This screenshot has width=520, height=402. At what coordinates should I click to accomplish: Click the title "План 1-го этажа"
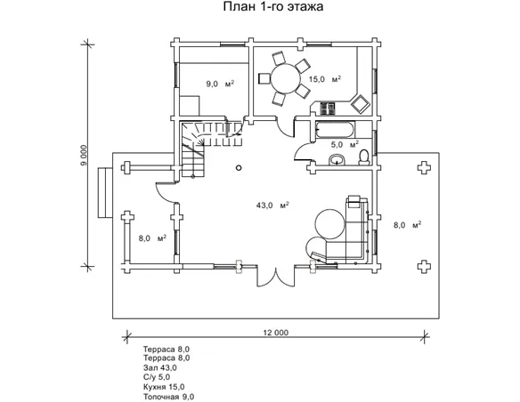[273, 6]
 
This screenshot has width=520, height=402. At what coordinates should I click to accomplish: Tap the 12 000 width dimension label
[276, 333]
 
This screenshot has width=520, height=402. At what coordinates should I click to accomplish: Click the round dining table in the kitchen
[286, 79]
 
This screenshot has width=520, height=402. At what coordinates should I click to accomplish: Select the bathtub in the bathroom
[335, 130]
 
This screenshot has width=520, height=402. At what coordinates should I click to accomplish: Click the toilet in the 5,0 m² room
[364, 157]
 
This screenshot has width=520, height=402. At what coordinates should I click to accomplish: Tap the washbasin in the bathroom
[337, 160]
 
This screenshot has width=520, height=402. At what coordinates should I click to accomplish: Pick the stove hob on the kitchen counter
[327, 109]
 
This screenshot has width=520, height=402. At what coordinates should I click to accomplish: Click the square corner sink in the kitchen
[361, 104]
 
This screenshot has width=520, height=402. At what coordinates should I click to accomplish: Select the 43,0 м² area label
[272, 205]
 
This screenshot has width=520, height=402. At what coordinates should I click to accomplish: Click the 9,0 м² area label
[220, 84]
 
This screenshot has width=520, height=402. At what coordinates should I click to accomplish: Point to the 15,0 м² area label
[325, 79]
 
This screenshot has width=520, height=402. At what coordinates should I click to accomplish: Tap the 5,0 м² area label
[345, 144]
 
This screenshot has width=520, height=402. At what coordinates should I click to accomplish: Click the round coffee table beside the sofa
[329, 223]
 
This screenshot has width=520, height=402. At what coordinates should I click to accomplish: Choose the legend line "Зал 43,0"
[160, 367]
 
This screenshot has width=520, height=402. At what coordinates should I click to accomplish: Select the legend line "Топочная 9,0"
[169, 397]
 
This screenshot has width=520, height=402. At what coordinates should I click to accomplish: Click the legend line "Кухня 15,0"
[164, 387]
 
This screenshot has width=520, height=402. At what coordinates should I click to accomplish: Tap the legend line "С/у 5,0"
[157, 377]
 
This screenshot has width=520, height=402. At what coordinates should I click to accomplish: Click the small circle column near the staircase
[239, 168]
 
